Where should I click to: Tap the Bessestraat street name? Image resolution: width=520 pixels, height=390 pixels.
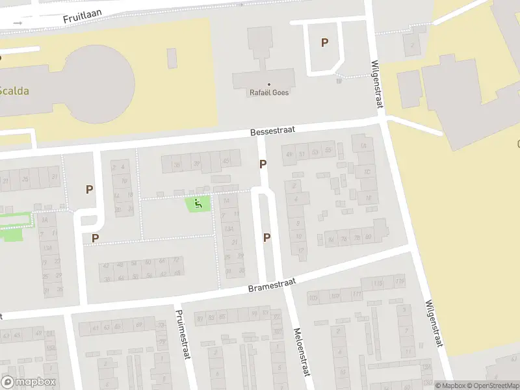pyautogui.click(x=273, y=131)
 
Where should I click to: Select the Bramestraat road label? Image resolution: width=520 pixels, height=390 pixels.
pyautogui.click(x=272, y=285)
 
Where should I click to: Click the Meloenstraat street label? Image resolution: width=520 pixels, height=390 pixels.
pyautogui.click(x=302, y=351)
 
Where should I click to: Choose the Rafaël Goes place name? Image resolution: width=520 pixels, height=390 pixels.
pyautogui.click(x=269, y=92)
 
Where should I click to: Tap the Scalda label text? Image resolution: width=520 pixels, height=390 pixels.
pyautogui.click(x=14, y=91)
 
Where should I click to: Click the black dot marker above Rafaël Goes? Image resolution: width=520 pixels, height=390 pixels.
pyautogui.click(x=269, y=84)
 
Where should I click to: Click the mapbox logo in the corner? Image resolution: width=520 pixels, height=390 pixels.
pyautogui.click(x=29, y=382)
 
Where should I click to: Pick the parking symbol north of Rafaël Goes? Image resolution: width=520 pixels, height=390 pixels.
pyautogui.click(x=324, y=43)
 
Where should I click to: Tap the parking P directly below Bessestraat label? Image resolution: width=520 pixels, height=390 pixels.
pyautogui.click(x=263, y=164)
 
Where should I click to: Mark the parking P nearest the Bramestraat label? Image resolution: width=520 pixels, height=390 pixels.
pyautogui.click(x=266, y=237)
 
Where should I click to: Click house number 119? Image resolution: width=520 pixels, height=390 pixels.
pyautogui.click(x=398, y=281)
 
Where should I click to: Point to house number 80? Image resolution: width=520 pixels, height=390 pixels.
pyautogui.click(x=368, y=237)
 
